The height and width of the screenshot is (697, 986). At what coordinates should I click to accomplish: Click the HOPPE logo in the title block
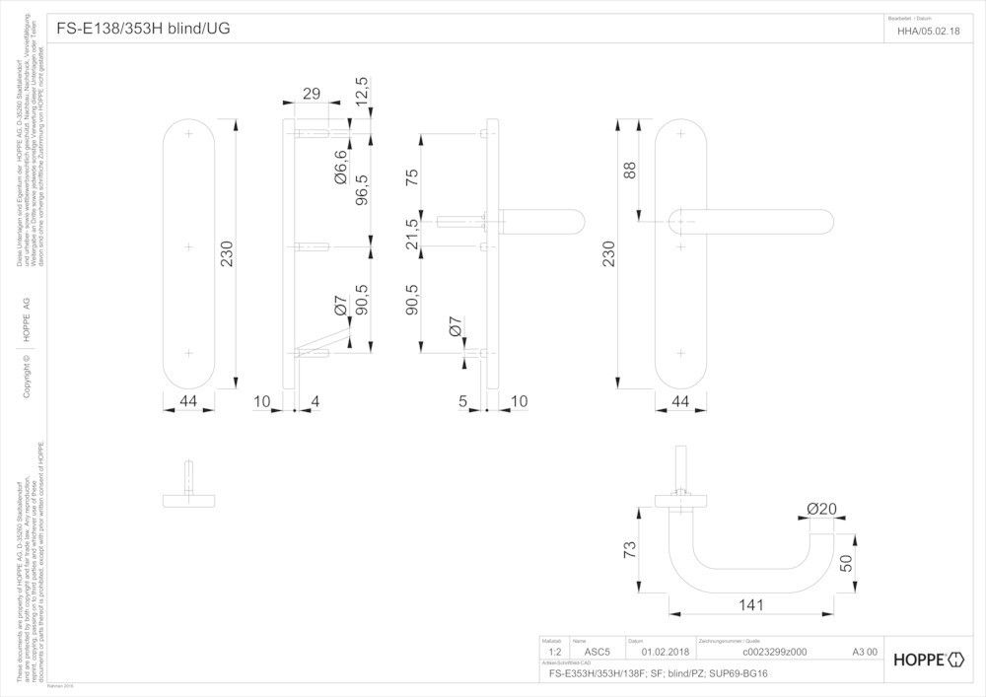pyautogui.click(x=928, y=660)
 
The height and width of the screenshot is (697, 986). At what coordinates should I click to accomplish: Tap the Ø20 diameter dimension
pyautogui.click(x=821, y=509)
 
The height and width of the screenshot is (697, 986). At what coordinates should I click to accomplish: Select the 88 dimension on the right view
pyautogui.click(x=630, y=170)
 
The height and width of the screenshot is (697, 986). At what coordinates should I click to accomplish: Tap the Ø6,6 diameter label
pyautogui.click(x=340, y=169)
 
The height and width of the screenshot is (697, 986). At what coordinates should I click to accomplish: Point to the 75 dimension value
pyautogui.click(x=412, y=177)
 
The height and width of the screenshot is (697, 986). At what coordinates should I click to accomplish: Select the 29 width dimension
pyautogui.click(x=311, y=94)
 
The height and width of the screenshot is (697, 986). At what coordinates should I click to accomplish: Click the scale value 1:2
pyautogui.click(x=554, y=652)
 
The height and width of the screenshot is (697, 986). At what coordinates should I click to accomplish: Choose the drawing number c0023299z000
pyautogui.click(x=773, y=652)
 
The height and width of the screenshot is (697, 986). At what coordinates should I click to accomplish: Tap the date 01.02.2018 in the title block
pyautogui.click(x=666, y=652)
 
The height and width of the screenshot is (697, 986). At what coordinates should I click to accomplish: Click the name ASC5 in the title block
pyautogui.click(x=599, y=652)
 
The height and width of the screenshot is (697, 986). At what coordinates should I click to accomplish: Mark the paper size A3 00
pyautogui.click(x=864, y=652)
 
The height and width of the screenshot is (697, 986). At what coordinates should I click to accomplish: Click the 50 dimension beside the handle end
pyautogui.click(x=845, y=563)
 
